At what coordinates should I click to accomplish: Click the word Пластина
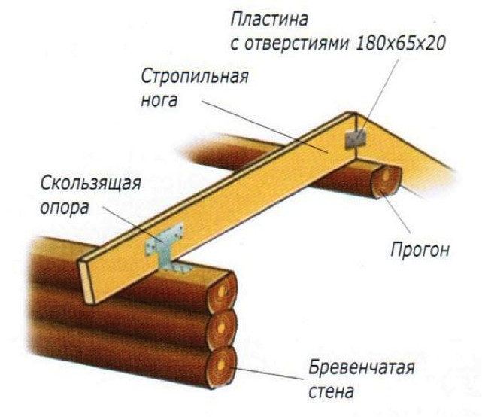[x=269, y=20]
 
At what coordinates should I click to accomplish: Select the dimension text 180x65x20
[x=400, y=44]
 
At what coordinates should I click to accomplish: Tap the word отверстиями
[x=296, y=44]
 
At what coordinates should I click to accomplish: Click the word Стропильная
[x=195, y=76]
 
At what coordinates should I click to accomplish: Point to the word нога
[x=159, y=100]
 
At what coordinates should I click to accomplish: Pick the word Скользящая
[x=91, y=184]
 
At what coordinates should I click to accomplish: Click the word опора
[x=65, y=208]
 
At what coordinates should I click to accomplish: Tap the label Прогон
[x=420, y=250]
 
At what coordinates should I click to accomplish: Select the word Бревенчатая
[x=362, y=367]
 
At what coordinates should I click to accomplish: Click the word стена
[x=331, y=391]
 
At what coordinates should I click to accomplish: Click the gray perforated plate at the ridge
[x=356, y=138]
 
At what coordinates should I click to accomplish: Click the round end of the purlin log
[x=387, y=181]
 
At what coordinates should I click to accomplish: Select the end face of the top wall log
[x=223, y=291]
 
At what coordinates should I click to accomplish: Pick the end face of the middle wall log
[x=222, y=329]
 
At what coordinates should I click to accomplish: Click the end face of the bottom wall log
[x=221, y=367]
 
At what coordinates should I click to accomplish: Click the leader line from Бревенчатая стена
[x=267, y=373]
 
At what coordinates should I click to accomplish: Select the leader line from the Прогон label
[x=396, y=212]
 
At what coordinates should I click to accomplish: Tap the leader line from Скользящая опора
[x=133, y=224]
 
